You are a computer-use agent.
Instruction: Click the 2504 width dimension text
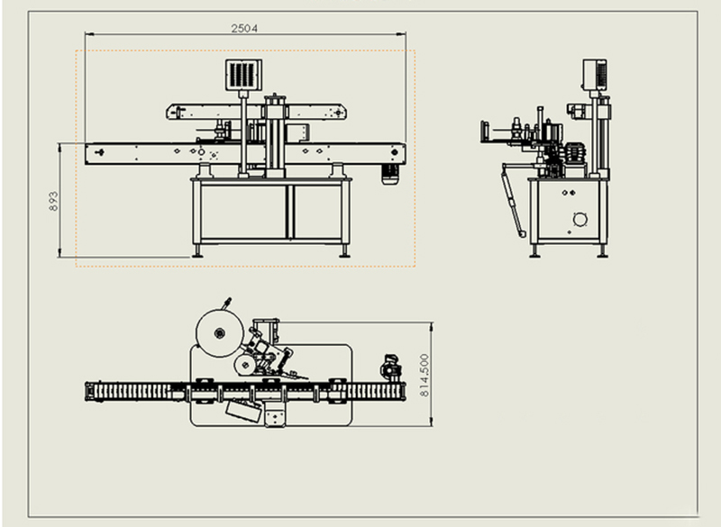coord(244,28)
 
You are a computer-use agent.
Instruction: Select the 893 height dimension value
coord(53,200)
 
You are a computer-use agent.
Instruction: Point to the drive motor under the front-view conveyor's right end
coord(390,175)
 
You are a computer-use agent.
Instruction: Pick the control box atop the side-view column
coord(594,74)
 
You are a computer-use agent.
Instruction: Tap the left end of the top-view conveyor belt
coord(91,391)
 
